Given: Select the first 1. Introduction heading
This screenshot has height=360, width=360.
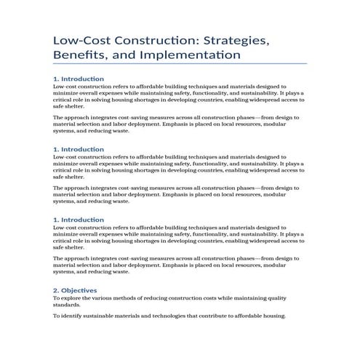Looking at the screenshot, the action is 79,79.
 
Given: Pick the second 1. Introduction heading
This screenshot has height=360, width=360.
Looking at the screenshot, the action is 79,149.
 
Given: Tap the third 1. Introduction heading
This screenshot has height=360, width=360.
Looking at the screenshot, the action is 79,219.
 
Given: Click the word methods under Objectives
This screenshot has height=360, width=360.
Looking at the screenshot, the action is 135,297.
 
